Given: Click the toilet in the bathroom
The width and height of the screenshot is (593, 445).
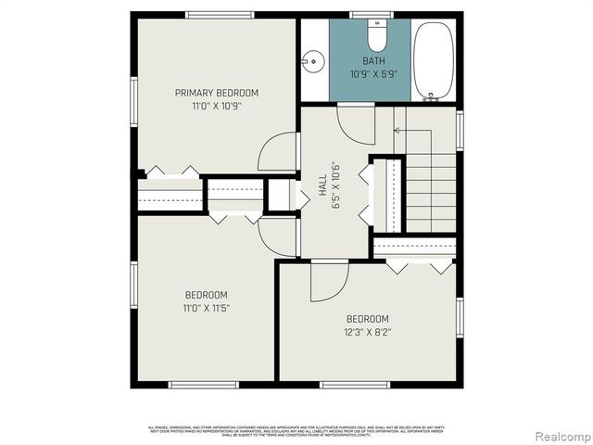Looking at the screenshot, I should (377, 36).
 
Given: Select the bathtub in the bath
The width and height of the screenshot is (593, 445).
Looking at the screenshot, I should (433, 59).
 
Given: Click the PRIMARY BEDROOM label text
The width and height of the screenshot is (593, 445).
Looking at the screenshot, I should (217, 93).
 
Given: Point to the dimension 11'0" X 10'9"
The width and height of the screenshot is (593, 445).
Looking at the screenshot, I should (217, 106).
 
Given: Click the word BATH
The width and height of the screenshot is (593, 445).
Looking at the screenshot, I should (373, 61).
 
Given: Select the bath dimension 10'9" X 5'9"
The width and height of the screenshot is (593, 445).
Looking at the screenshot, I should (373, 74).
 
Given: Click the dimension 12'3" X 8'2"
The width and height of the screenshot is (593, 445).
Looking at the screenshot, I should (368, 331).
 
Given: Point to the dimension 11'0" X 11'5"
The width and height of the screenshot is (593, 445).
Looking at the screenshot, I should (205, 308).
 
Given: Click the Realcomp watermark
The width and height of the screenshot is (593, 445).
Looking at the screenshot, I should (560, 436).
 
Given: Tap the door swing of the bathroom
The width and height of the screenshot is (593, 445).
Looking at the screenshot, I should (355, 122).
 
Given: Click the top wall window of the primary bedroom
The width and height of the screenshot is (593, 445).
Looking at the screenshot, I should (220, 14).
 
